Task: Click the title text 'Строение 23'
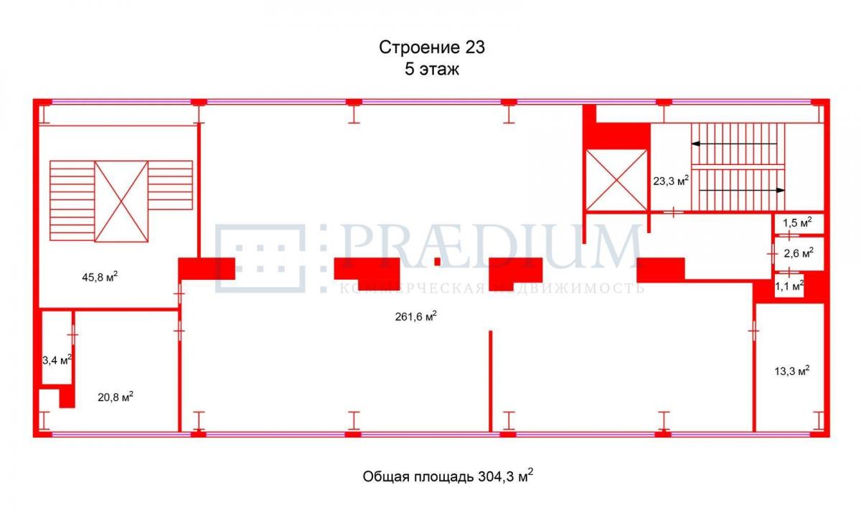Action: click(x=432, y=48)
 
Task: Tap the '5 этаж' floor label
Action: click(x=432, y=70)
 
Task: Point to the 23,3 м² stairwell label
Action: click(x=671, y=181)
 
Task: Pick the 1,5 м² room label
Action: click(x=797, y=222)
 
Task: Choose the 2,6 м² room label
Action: click(x=799, y=253)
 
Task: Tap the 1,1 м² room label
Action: click(x=789, y=285)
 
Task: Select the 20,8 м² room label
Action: click(x=116, y=396)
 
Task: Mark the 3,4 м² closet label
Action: click(x=57, y=361)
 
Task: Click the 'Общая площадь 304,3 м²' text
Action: click(x=448, y=476)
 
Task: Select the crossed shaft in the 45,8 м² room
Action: click(x=121, y=202)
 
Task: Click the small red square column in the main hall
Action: click(x=437, y=261)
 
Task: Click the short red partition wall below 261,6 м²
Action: click(x=490, y=380)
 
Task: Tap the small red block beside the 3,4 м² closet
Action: click(x=67, y=396)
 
